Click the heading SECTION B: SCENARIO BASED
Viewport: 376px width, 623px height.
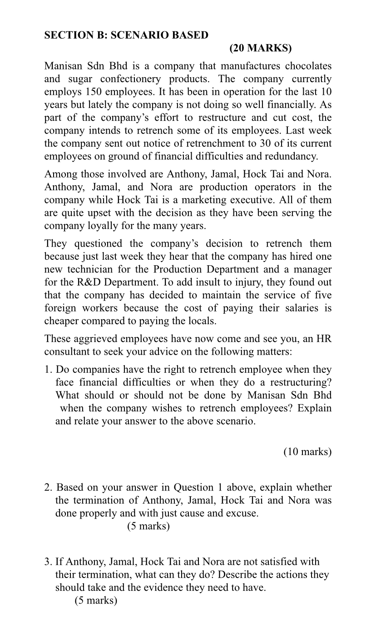pyautogui.click(x=126, y=35)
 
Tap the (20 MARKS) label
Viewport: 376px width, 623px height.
pyautogui.click(x=260, y=48)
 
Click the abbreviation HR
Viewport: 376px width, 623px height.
pyautogui.click(x=324, y=339)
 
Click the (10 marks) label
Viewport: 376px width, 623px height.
pyautogui.click(x=307, y=452)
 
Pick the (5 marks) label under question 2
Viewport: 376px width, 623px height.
pyautogui.click(x=148, y=526)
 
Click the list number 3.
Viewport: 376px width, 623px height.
pyautogui.click(x=48, y=562)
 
